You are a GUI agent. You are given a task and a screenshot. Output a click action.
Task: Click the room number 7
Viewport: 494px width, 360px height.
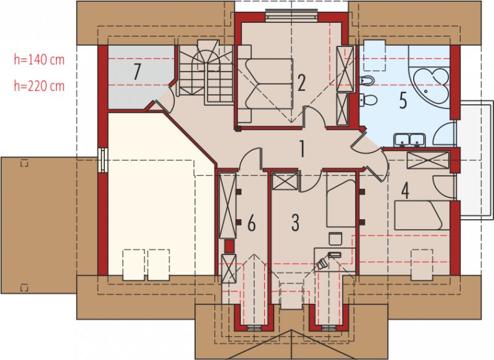pos(136,72)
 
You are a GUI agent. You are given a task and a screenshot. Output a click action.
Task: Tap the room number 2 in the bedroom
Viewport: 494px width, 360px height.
pos(301,83)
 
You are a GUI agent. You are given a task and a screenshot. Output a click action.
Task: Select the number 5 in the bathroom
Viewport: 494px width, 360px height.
pos(403,101)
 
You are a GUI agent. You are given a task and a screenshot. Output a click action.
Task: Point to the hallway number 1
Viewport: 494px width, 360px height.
pos(302,149)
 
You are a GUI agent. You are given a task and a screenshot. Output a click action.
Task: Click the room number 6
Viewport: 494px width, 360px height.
pos(251,224)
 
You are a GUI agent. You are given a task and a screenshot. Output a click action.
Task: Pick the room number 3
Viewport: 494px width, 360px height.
pos(295,223)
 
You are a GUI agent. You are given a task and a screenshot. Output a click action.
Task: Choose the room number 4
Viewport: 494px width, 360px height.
pos(405,191)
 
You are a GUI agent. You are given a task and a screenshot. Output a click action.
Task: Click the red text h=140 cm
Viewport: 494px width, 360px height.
pos(39,59)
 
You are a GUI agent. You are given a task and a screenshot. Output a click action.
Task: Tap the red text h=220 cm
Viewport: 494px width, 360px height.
pos(39,86)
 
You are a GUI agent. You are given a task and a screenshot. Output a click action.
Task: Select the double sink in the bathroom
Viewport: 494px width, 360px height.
pos(409,140)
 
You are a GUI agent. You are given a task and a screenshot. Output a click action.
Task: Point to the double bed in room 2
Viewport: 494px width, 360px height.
pos(266,84)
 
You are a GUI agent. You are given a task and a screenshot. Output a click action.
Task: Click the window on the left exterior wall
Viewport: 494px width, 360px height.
pos(103,161)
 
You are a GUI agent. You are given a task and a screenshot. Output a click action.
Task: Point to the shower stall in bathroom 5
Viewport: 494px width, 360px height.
pos(445,135)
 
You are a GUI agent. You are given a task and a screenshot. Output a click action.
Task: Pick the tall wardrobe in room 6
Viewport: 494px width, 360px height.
pos(228,206)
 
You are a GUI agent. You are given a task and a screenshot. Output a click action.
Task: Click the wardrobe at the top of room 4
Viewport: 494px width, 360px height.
pos(428,161)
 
